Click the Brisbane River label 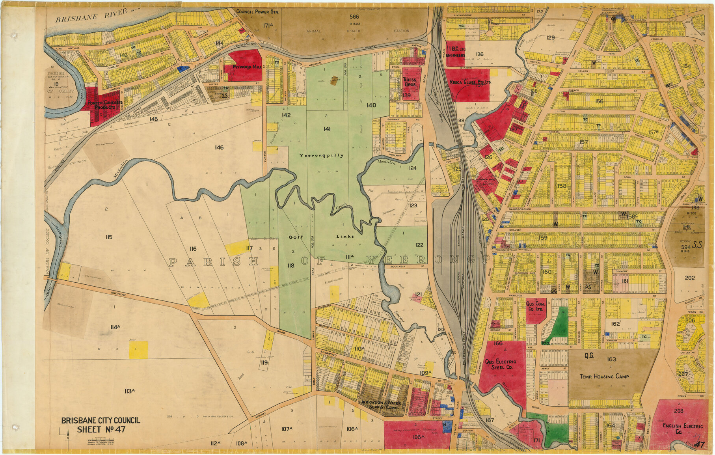91,16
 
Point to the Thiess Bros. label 410,82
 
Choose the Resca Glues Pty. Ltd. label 470,82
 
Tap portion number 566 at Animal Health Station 354,17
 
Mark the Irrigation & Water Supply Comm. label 382,405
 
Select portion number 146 219,147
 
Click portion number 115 109,237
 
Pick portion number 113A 130,391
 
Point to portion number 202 690,278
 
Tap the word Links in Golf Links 345,237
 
